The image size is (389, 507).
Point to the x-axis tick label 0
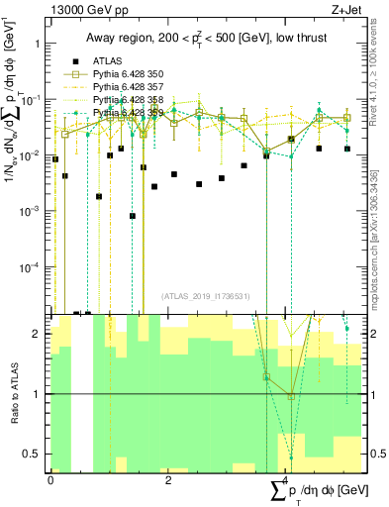click(x=50, y=479)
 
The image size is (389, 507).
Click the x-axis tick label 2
click(x=169, y=479)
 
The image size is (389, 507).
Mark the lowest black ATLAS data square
click(x=133, y=216)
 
